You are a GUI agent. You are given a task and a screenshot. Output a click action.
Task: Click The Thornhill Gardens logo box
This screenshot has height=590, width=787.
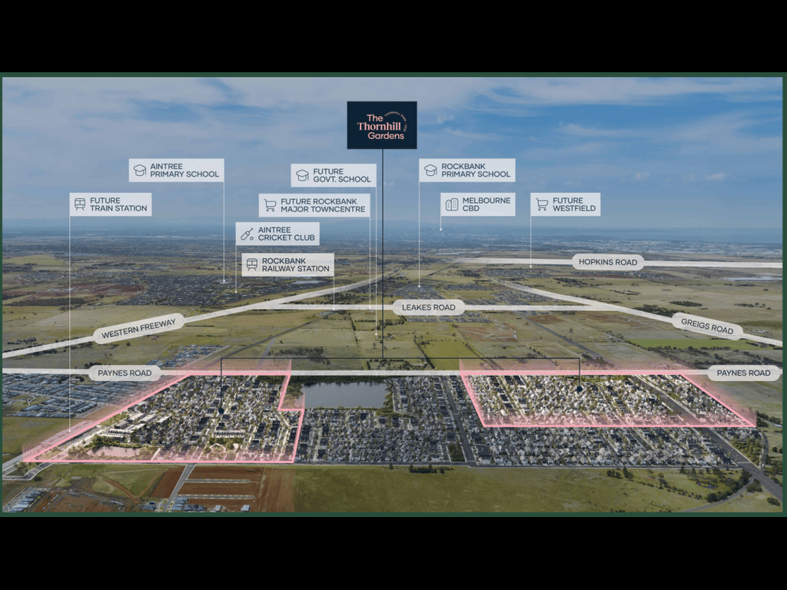[382, 125]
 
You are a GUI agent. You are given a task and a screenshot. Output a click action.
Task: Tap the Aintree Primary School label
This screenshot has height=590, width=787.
[176, 170]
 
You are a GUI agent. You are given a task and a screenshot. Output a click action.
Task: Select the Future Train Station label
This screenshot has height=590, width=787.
[111, 204]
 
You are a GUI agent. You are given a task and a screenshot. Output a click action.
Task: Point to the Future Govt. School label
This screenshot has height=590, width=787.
[334, 175]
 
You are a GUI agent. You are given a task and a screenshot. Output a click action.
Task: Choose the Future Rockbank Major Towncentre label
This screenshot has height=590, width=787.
[314, 205]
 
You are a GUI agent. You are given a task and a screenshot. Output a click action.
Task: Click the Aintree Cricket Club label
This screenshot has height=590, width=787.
[277, 234]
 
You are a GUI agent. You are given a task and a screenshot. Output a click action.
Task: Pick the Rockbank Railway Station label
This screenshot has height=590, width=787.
[287, 264]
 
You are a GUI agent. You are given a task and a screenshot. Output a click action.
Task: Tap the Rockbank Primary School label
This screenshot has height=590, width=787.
[467, 170]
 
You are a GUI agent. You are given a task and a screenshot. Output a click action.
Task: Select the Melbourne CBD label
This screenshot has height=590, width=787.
[478, 204]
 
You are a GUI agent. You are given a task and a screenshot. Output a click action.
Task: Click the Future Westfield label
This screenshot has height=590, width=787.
[565, 204]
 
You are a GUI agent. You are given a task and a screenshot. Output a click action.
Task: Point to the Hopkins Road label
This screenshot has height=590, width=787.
[608, 262]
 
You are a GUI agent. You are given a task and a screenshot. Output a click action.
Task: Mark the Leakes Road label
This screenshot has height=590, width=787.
[429, 307]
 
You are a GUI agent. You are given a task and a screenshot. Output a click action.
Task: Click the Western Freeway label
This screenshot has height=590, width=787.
[138, 328]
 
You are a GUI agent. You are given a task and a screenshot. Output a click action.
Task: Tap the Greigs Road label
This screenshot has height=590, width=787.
[707, 326]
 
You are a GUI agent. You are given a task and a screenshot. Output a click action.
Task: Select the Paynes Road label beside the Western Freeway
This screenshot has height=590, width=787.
[125, 373]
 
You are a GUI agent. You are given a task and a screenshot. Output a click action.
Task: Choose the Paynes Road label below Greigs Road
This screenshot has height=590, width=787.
[743, 373]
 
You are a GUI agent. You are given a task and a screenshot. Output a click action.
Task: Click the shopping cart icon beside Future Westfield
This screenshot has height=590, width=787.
[542, 204]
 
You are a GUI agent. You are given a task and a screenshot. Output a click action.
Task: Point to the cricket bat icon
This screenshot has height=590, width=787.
[247, 234]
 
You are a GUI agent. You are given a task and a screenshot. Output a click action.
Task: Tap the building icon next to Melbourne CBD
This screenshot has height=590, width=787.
[452, 204]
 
